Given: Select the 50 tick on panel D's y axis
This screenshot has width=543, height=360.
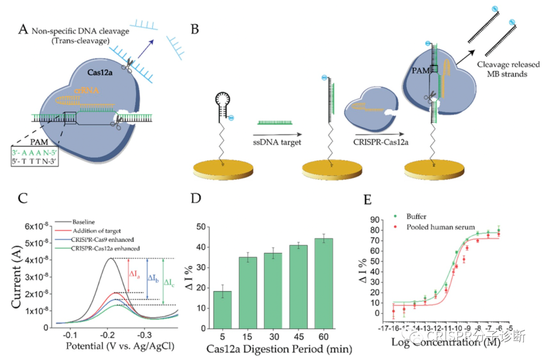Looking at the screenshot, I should point(203,227).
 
